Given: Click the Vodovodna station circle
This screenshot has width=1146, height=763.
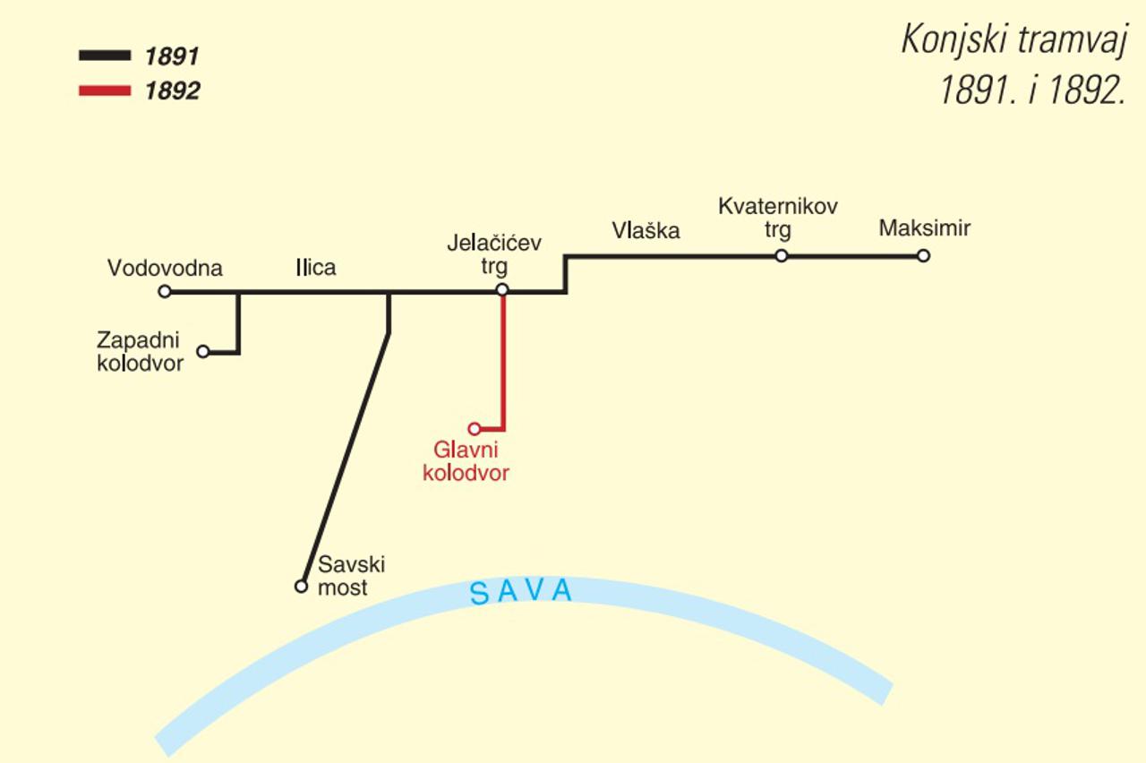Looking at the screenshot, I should (x=164, y=291).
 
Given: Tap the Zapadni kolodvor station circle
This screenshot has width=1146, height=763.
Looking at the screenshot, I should (x=203, y=352).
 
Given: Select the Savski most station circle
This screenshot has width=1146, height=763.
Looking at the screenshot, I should (x=301, y=587).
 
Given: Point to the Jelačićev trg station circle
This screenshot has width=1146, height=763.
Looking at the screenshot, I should (x=502, y=289).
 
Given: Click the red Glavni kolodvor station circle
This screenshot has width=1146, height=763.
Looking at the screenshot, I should (x=475, y=429).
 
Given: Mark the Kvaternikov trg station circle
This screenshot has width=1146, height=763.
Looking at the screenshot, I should (x=782, y=256).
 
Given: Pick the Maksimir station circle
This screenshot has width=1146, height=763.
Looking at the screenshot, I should (x=923, y=256).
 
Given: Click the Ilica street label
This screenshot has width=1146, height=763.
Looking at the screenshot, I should (x=316, y=267).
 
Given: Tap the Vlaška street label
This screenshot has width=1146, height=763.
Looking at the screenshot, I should (x=646, y=230).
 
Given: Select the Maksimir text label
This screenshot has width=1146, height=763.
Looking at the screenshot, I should (x=924, y=228).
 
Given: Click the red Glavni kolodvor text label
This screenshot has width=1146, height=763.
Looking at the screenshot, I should (x=466, y=461).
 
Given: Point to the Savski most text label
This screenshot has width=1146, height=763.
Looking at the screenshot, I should (x=351, y=576).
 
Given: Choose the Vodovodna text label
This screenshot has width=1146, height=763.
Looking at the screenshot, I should (x=165, y=268).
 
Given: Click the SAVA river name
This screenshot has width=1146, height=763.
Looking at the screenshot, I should (x=521, y=592).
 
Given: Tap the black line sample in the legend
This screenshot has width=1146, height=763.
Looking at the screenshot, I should (x=105, y=56).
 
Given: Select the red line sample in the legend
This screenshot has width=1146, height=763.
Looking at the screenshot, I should (x=105, y=90).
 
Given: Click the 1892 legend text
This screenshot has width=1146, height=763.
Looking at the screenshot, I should (x=172, y=90).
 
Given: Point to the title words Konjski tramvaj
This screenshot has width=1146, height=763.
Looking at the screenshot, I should (x=1012, y=39).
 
